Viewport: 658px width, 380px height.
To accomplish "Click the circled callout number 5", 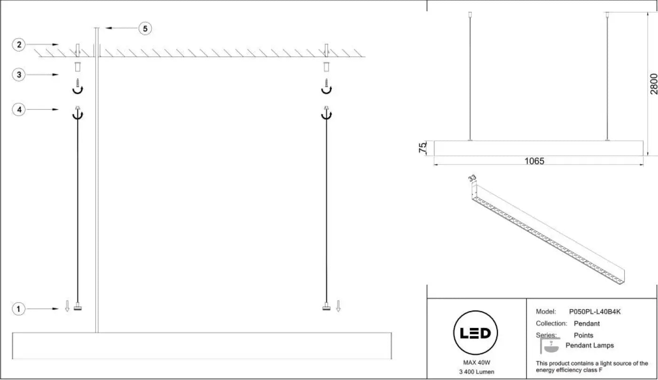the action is point(145,29).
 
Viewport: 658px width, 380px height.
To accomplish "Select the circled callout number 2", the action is point(19,45).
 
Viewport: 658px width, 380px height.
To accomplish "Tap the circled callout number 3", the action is point(19,75).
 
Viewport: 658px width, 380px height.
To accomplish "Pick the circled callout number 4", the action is point(19,109).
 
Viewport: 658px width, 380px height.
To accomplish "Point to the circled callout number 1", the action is point(18,309).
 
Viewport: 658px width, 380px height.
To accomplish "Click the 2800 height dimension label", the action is point(653,84).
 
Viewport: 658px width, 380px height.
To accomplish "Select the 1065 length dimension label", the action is point(534,161).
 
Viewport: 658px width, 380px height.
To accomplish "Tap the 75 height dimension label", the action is point(423,147).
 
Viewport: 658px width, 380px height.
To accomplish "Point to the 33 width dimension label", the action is point(472,178).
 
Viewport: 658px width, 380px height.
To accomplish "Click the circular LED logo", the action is point(476,333).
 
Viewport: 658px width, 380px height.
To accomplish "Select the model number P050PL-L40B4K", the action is point(595,312).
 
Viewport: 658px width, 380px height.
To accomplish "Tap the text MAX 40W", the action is point(477,363).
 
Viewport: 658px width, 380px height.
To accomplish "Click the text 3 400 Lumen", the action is point(477,372).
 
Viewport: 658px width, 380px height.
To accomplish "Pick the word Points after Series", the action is point(583,335).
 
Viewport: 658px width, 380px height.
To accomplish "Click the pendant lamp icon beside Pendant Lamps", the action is point(550,346).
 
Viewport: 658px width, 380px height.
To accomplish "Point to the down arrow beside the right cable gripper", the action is point(338,306).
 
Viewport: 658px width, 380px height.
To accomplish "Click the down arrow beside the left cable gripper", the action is point(67,306).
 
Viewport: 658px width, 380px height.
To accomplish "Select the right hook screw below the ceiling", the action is point(326,86).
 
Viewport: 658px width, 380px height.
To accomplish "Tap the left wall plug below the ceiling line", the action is point(78,67).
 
